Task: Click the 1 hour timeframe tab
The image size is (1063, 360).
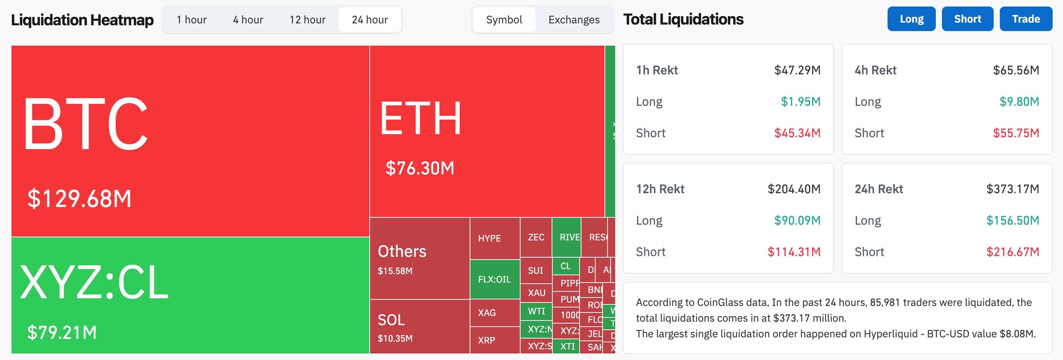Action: point(192,20)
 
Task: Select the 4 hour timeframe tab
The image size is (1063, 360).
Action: point(247,20)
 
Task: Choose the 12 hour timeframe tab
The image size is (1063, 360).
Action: point(308,20)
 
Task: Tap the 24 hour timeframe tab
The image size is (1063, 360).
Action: point(370,20)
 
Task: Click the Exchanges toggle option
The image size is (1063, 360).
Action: point(573,20)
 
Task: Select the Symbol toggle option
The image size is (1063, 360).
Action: point(504,20)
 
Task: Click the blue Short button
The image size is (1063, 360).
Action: point(967,19)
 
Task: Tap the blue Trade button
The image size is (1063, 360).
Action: point(1026,19)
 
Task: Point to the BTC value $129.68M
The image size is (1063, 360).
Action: point(79,199)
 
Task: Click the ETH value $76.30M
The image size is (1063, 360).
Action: point(420,168)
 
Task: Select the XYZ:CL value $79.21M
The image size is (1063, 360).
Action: point(62,332)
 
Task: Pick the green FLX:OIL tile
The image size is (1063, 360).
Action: point(495,279)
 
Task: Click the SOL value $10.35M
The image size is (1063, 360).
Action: point(395,339)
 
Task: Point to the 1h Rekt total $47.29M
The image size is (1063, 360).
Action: point(797,70)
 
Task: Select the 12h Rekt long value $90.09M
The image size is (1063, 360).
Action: point(797,220)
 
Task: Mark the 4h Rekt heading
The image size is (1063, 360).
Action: point(875,70)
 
